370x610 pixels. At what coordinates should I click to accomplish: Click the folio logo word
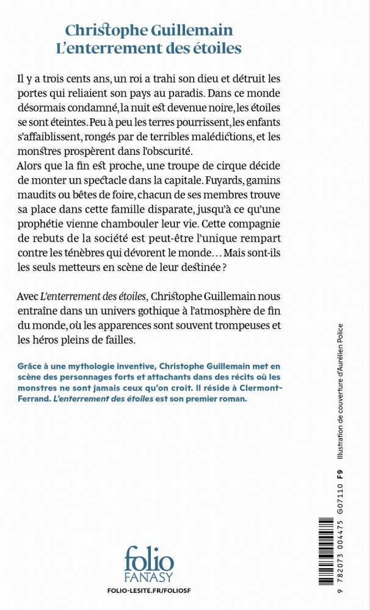point(148,559)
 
